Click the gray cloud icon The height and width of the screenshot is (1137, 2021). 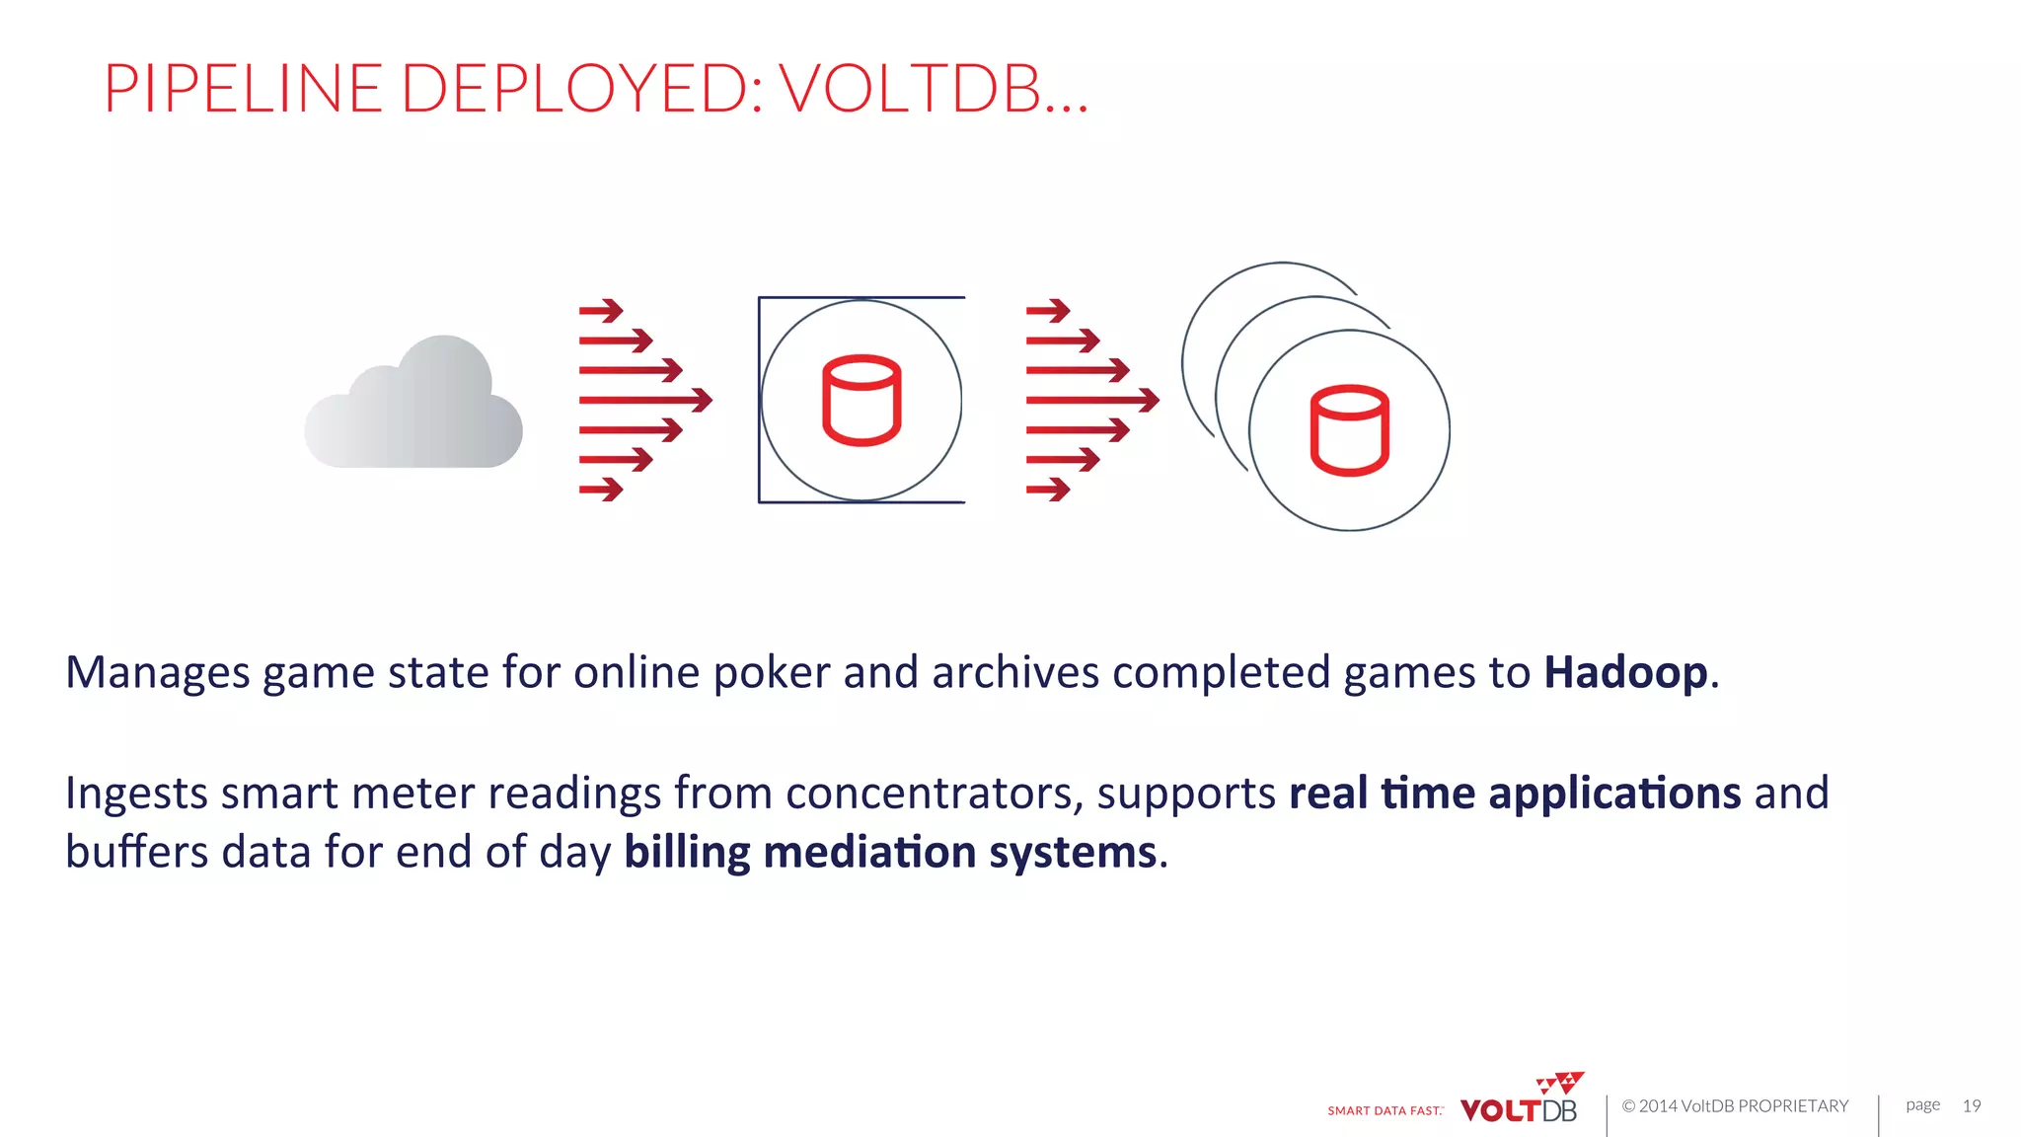(x=413, y=405)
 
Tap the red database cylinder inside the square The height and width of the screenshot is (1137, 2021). (x=861, y=400)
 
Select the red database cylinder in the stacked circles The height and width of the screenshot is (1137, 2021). (x=1349, y=430)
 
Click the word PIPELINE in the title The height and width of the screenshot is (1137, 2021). (x=243, y=89)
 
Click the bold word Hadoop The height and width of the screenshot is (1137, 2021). (x=1625, y=673)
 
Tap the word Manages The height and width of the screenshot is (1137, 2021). (x=158, y=673)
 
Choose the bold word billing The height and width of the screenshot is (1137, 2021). (x=687, y=853)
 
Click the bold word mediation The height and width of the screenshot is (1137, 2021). (x=869, y=853)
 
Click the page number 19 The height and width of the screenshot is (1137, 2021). (x=1971, y=1105)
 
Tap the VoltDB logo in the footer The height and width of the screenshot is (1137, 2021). (x=1520, y=1101)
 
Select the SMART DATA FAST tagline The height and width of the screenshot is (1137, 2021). (x=1385, y=1110)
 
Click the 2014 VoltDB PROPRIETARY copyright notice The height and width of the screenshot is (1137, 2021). (x=1735, y=1105)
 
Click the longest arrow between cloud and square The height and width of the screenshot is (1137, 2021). (x=645, y=400)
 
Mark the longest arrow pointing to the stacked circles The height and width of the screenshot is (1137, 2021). (x=1092, y=400)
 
